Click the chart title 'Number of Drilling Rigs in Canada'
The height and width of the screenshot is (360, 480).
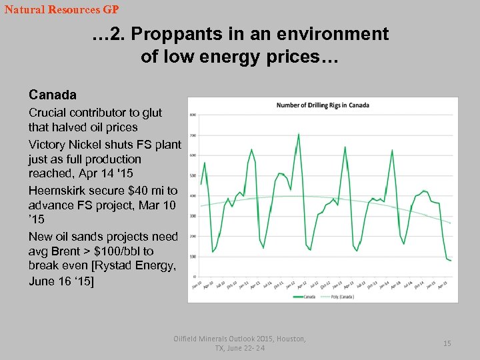(323, 105)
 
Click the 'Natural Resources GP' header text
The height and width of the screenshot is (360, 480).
(61, 10)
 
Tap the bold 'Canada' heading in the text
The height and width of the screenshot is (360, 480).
(52, 95)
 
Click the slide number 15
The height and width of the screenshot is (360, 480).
(447, 343)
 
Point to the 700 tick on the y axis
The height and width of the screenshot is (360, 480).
(192, 135)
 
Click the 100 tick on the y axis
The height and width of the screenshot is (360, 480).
(192, 257)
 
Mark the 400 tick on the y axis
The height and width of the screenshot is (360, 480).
(192, 196)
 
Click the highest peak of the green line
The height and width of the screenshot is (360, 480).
(298, 134)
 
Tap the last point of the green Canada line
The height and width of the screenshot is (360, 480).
(451, 261)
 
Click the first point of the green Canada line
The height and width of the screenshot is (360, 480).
(201, 184)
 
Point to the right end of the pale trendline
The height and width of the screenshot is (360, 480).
(451, 223)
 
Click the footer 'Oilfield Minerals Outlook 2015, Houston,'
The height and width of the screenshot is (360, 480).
(240, 339)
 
